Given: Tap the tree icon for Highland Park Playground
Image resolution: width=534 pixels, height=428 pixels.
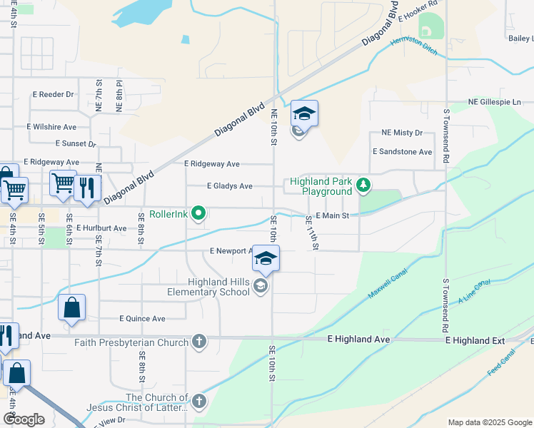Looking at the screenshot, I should point(364,186).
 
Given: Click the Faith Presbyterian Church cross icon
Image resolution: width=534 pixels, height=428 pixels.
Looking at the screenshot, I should point(199,342).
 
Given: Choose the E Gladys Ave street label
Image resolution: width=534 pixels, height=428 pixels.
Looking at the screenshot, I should point(229,186).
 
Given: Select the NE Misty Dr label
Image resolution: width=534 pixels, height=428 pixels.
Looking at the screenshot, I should point(402,133).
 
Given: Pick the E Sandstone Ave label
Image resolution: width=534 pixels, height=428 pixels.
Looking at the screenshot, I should point(402,152).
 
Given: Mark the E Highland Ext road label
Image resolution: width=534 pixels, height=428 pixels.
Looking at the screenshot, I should point(475,340).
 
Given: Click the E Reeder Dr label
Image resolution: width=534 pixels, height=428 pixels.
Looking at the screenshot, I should point(53,94).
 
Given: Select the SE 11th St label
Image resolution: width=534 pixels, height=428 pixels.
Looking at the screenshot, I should point(313,232).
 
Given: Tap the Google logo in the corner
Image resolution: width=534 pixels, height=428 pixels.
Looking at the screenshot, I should point(24,419).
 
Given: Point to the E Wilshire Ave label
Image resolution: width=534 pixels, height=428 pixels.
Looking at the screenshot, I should point(51,127).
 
